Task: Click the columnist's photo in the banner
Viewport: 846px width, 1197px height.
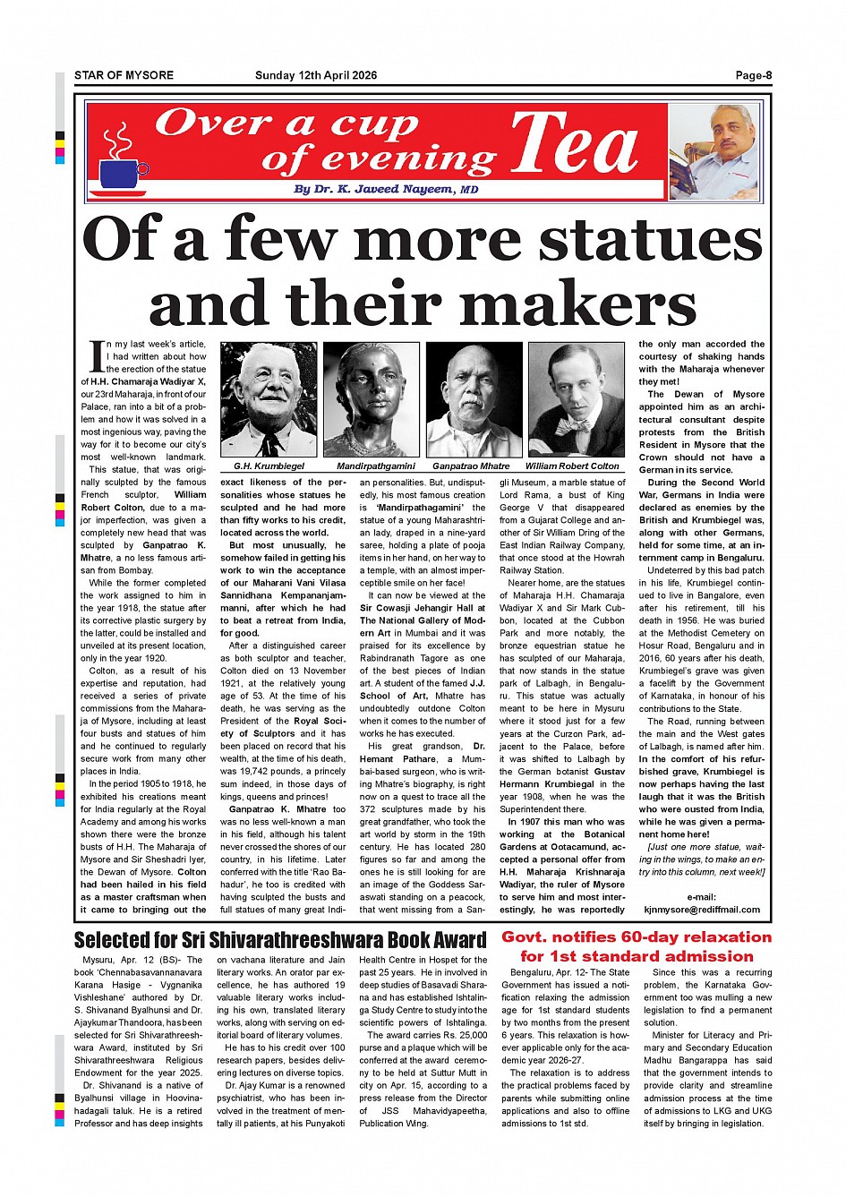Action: click(x=716, y=153)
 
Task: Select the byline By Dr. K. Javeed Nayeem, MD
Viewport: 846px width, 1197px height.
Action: click(x=386, y=190)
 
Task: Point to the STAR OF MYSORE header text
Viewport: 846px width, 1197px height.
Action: click(x=124, y=75)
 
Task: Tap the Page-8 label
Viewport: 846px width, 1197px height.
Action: click(x=753, y=75)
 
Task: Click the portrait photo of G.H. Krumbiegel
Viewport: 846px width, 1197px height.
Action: click(x=269, y=400)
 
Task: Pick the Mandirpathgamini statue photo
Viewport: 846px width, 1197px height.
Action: click(x=371, y=400)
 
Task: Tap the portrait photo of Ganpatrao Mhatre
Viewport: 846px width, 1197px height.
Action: click(x=474, y=400)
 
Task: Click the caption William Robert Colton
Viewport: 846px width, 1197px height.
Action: click(x=572, y=466)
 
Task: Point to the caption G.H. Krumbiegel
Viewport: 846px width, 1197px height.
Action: click(x=269, y=466)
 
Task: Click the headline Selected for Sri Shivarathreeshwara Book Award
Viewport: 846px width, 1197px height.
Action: click(x=280, y=940)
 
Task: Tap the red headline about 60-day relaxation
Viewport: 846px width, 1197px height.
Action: click(x=636, y=946)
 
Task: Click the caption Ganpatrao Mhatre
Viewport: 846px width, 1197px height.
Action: click(x=471, y=466)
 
